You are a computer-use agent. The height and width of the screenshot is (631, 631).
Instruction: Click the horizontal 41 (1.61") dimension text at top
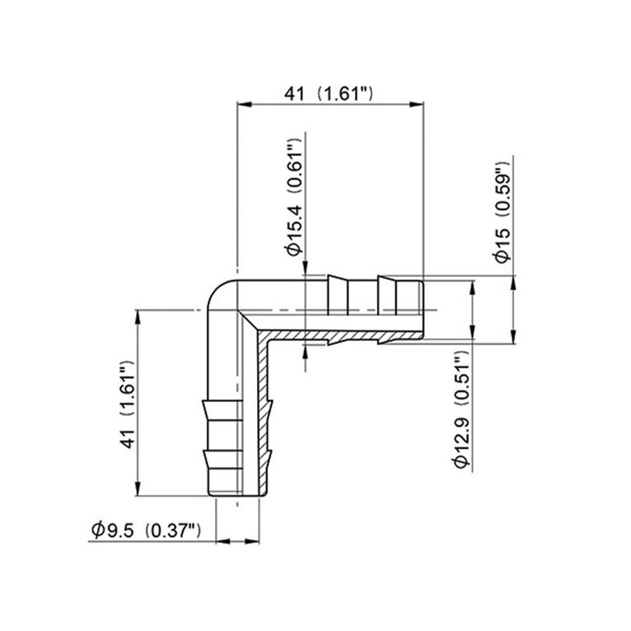(x=330, y=94)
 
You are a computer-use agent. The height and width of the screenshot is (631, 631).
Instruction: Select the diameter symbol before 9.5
(x=96, y=530)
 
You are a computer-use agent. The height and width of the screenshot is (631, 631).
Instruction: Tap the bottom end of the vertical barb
(x=239, y=494)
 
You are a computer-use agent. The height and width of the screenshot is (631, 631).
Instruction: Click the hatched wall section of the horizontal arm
(x=330, y=337)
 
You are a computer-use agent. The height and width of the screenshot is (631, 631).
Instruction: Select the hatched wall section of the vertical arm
(x=264, y=412)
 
